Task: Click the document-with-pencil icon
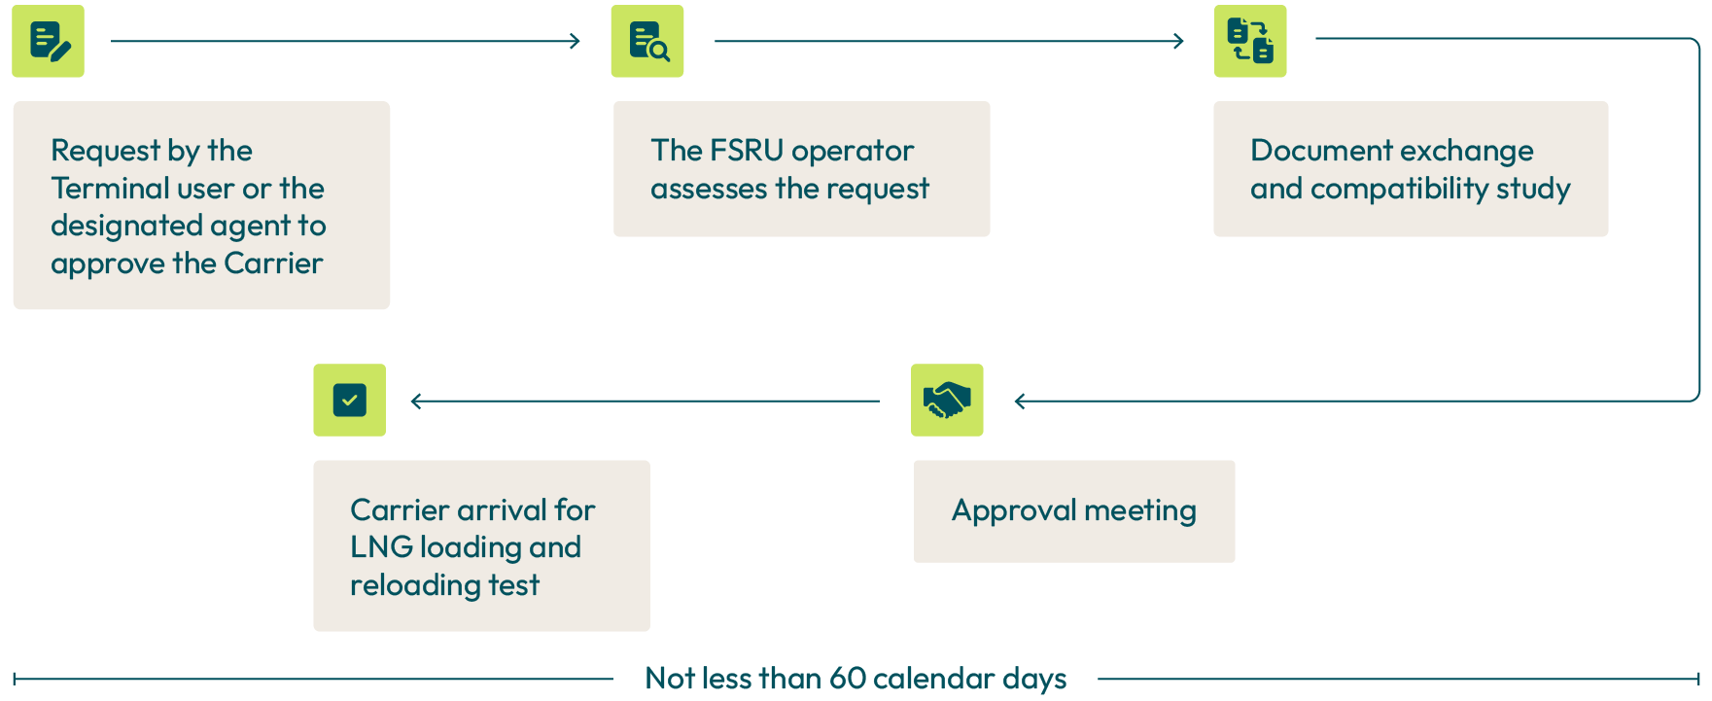point(49,41)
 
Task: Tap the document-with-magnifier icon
point(647,41)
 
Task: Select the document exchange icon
point(1250,41)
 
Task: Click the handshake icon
point(947,400)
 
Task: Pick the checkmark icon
point(349,400)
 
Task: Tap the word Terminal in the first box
point(109,189)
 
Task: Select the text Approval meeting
point(1074,510)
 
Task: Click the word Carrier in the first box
point(273,263)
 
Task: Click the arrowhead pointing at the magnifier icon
point(576,41)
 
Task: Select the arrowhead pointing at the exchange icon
point(1179,41)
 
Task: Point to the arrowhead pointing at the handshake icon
point(1019,401)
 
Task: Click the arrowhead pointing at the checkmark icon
point(416,401)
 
